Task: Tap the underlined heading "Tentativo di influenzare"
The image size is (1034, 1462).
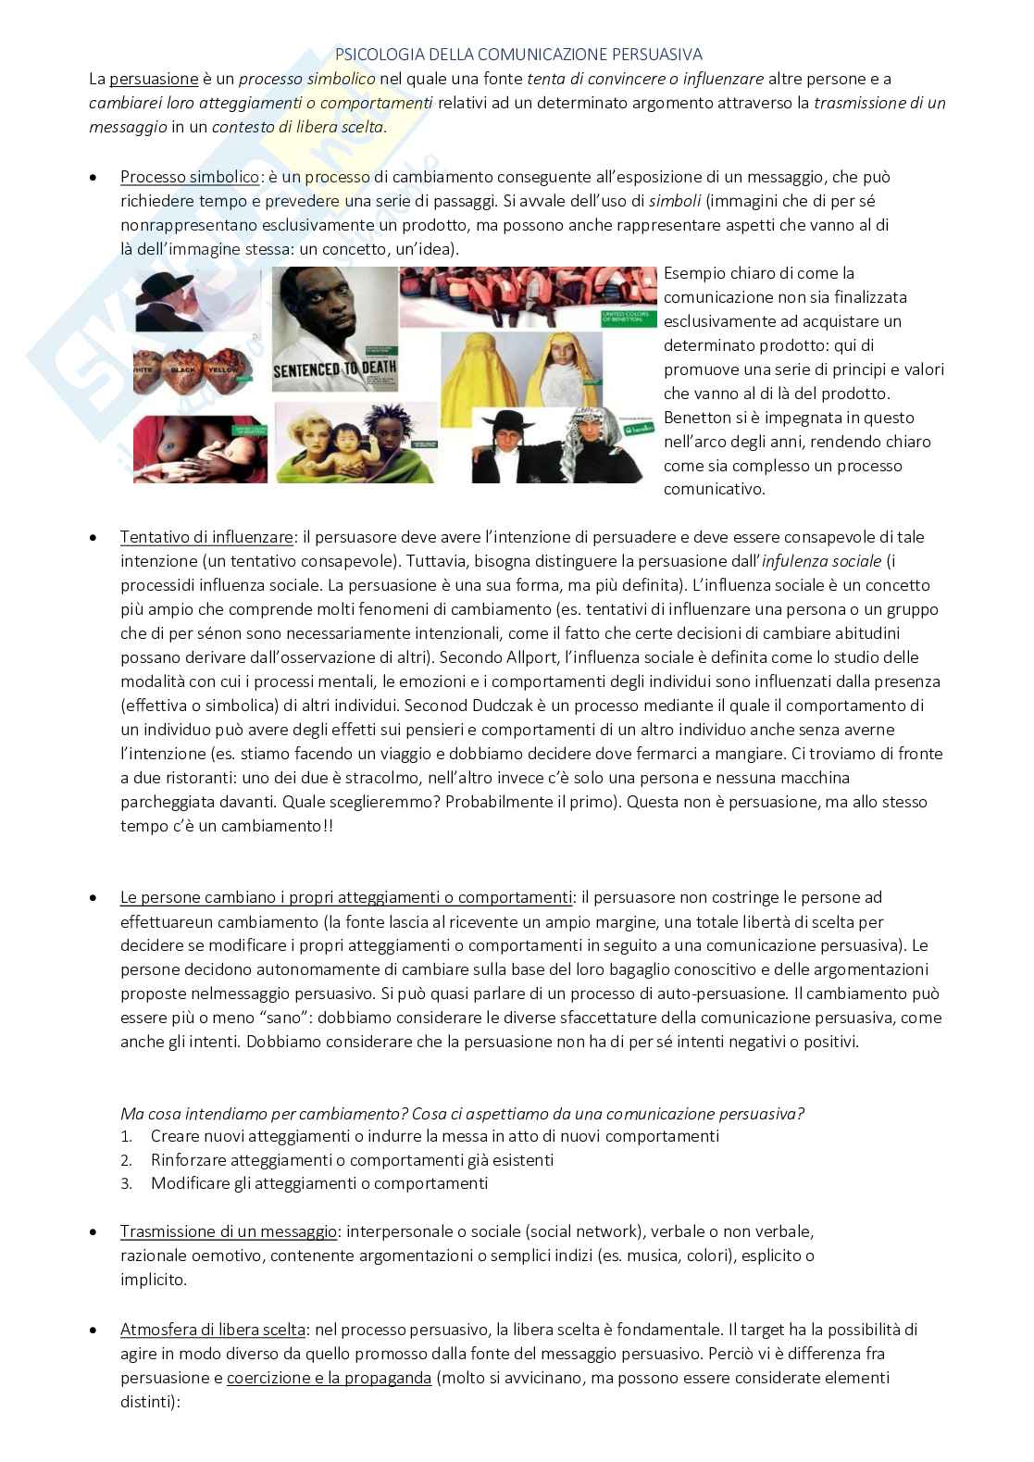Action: tap(206, 537)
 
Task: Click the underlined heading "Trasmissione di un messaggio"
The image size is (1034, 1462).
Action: tap(228, 1232)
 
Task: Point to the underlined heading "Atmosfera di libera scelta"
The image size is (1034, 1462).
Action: tap(212, 1330)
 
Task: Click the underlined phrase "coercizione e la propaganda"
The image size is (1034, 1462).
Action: tap(329, 1378)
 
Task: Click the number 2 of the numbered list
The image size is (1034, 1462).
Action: tap(127, 1160)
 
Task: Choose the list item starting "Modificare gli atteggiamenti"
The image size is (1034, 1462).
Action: tap(318, 1183)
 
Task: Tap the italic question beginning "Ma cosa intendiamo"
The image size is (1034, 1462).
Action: tap(462, 1113)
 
